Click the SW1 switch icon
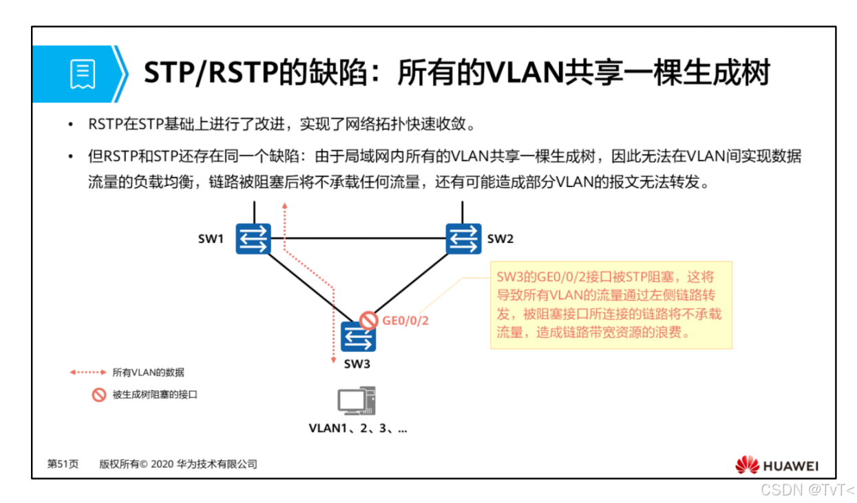253,239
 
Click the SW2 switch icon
463,239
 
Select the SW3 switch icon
358,336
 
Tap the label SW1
211,239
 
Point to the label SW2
500,239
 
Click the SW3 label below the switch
357,364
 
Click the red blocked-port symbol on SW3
369,320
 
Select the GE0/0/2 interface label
405,321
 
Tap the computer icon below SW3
357,401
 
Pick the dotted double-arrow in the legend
88,372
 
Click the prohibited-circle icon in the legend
99,395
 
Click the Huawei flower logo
746,466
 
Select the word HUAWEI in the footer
790,467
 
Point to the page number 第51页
62,464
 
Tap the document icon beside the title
83,74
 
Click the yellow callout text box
611,305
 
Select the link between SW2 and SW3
413,283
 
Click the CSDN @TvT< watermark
807,490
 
